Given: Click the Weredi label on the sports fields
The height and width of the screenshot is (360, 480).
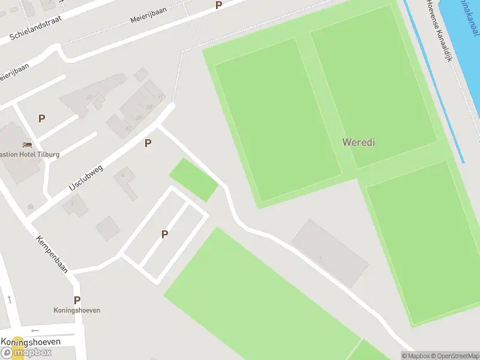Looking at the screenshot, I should click(359, 142).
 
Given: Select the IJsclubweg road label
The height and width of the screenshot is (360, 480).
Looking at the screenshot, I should click(86, 178).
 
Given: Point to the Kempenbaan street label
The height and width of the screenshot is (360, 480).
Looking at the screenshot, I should click(52, 254).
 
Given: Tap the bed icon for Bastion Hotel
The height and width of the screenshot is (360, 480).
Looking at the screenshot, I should click(27, 145).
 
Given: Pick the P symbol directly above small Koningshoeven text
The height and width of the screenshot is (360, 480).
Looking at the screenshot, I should click(77, 300).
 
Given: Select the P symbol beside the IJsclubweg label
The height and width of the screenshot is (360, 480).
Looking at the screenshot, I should click(148, 143).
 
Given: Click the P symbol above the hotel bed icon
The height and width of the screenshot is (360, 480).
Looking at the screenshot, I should click(41, 118).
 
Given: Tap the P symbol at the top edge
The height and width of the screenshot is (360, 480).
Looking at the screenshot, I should click(218, 5).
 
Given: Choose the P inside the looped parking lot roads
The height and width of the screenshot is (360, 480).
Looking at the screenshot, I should click(164, 235).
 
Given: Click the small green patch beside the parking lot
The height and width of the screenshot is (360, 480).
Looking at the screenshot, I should click(193, 179).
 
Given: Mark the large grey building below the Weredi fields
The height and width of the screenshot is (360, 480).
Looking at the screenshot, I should click(329, 253).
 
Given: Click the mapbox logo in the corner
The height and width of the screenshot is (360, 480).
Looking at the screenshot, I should click(26, 352).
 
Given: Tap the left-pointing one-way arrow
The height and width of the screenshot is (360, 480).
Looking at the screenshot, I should click(35, 330).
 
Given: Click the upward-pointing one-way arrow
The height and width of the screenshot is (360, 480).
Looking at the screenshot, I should click(10, 298).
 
